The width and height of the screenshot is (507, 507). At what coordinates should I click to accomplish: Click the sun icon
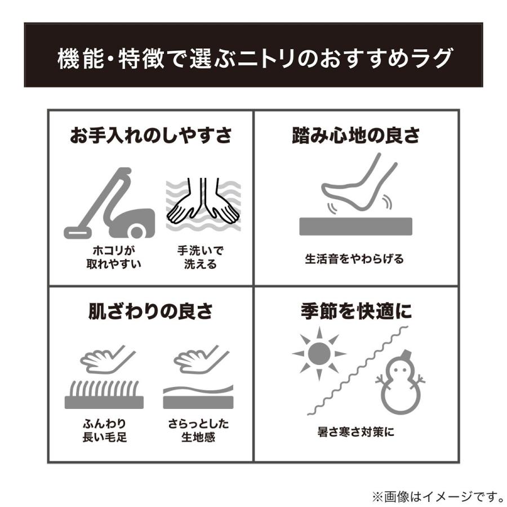coord(319,353)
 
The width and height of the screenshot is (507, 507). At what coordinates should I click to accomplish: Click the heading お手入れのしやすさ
coord(150,136)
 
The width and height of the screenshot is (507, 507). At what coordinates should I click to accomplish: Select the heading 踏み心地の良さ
coord(355,136)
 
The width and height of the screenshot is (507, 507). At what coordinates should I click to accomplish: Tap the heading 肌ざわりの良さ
coord(150,312)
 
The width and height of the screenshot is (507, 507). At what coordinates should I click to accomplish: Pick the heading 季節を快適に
coord(355,312)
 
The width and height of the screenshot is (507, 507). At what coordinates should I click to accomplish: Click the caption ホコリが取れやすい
coord(113,257)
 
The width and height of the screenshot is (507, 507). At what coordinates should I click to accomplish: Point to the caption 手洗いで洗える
coord(200,257)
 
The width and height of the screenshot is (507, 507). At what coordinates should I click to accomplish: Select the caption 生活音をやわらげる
coord(355,260)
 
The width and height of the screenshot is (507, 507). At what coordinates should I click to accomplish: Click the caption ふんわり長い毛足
coord(104,430)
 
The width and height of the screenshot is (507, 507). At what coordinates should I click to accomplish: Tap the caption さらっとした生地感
coord(198,430)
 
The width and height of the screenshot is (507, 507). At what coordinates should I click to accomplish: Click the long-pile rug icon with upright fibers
coord(104,394)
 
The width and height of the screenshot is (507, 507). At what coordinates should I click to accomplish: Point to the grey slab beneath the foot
coord(355,226)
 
